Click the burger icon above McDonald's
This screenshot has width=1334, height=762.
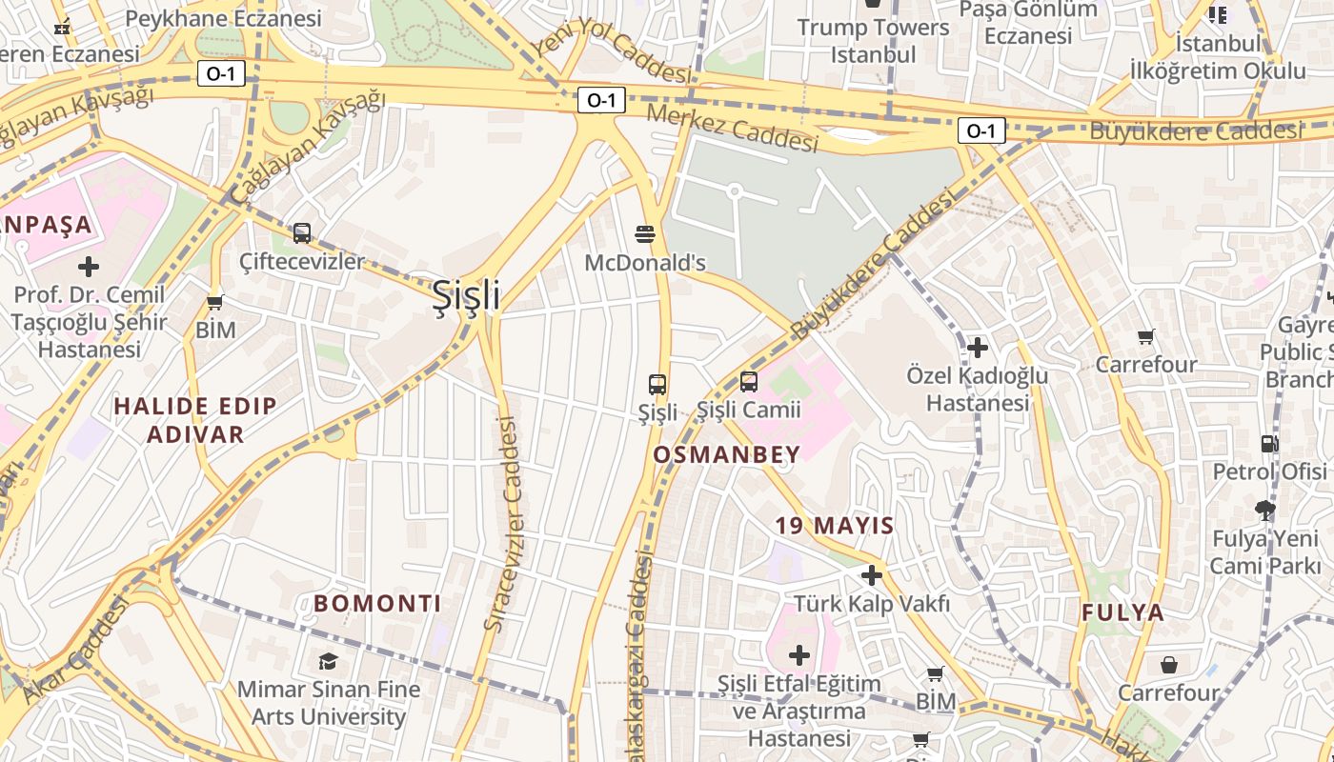[x=645, y=234]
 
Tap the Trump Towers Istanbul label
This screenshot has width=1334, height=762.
[x=873, y=40]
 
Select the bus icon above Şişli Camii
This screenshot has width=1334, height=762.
[x=749, y=382]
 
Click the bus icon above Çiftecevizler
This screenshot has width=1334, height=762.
[x=302, y=232]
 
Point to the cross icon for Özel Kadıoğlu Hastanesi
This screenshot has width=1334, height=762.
[x=977, y=348]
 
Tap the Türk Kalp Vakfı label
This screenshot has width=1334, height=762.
[x=872, y=603]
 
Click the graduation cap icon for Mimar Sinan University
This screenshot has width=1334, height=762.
[x=328, y=661]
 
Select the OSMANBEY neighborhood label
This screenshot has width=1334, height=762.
[x=726, y=455]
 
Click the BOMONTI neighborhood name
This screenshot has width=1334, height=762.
[x=377, y=604]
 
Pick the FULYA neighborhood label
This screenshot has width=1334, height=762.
[x=1122, y=612]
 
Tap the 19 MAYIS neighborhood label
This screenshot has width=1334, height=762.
[x=834, y=526]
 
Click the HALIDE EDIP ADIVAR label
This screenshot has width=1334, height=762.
[x=195, y=420]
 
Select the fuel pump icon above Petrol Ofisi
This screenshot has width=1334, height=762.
[x=1268, y=444]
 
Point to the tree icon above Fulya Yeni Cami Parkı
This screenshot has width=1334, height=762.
[x=1265, y=511]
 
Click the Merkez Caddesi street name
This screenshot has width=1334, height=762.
[x=732, y=127]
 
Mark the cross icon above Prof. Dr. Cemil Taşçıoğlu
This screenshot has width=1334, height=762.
[x=89, y=267]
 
